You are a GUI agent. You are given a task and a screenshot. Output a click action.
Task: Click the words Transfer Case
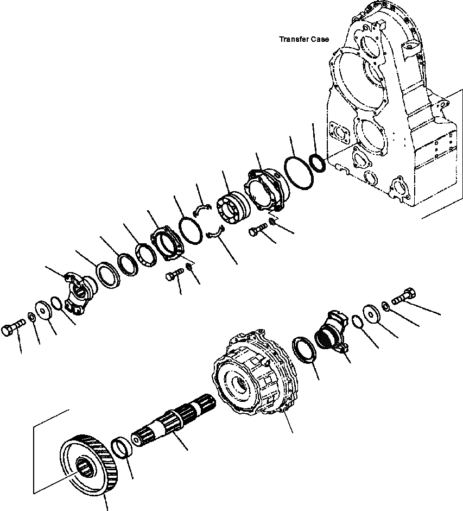click(x=303, y=39)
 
